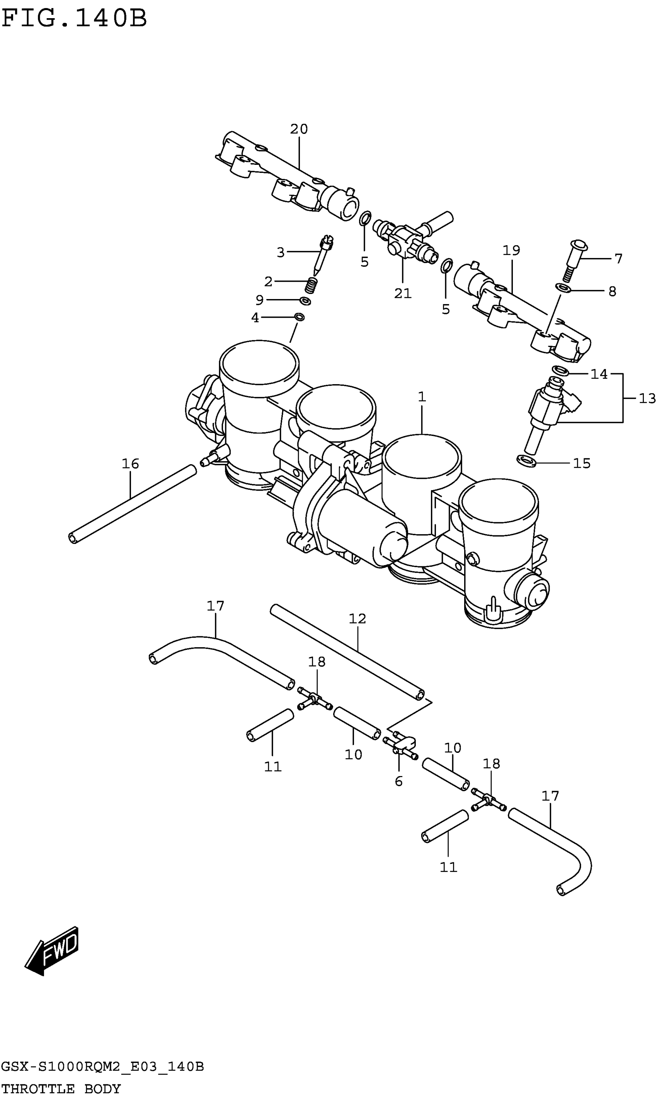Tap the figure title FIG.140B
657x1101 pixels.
click(74, 19)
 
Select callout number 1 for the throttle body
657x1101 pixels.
click(422, 397)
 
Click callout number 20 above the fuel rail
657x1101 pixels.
click(299, 129)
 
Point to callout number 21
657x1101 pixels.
click(403, 293)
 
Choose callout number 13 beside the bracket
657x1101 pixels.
click(647, 399)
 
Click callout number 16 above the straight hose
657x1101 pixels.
click(130, 464)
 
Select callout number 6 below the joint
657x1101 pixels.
click(398, 781)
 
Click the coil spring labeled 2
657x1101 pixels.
click(311, 285)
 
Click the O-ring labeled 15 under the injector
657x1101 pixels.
click(526, 461)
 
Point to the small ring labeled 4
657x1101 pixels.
click(299, 317)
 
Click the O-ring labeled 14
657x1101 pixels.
click(560, 370)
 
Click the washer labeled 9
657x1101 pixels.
click(305, 301)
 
